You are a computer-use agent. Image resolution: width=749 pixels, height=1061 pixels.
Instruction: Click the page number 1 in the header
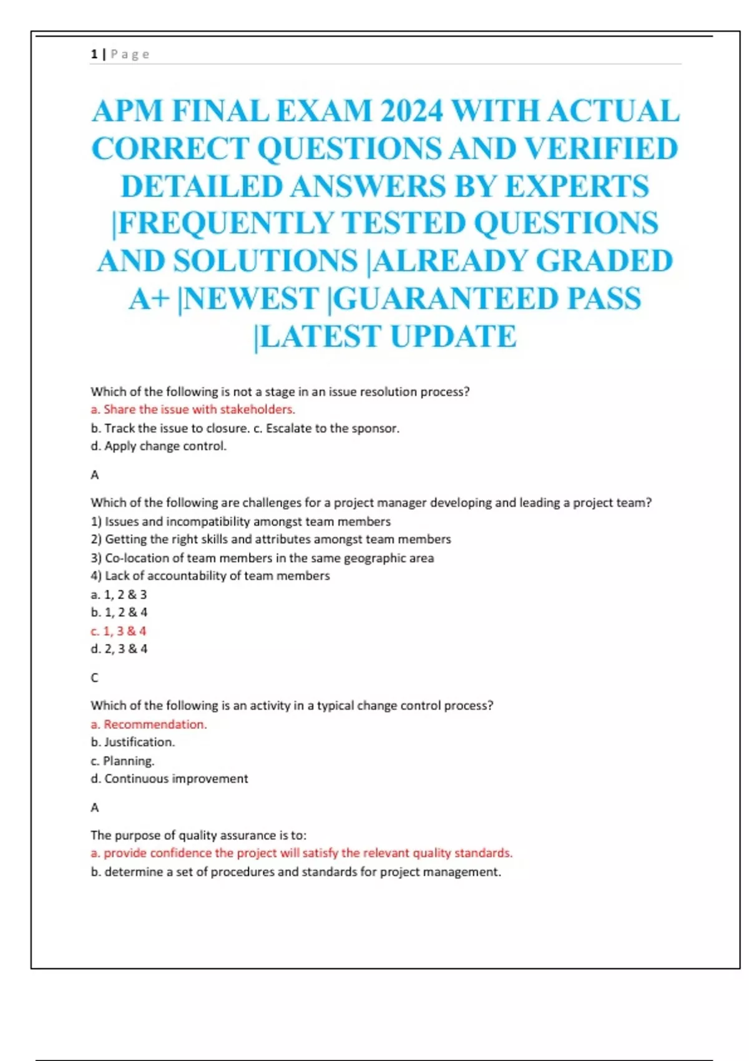94,54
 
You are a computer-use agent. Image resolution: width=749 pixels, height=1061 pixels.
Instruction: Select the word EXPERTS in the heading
577,187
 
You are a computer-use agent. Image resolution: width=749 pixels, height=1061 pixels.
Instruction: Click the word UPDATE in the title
453,336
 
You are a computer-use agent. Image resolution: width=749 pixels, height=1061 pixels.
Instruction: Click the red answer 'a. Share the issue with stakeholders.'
193,409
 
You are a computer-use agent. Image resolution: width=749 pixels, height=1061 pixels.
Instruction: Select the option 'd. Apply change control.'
159,446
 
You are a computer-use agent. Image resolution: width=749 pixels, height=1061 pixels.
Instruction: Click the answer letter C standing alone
95,678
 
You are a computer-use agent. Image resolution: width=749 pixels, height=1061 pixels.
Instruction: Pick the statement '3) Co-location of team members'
262,558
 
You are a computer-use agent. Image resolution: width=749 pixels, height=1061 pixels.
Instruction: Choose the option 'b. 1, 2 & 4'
119,612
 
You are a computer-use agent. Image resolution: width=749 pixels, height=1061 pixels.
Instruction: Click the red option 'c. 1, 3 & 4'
119,631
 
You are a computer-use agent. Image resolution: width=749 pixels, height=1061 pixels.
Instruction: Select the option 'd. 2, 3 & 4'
119,649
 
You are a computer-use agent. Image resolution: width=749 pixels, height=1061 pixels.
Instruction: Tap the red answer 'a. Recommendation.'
149,725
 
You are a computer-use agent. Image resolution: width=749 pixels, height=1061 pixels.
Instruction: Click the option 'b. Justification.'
133,742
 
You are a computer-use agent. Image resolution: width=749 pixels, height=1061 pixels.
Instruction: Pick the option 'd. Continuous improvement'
169,779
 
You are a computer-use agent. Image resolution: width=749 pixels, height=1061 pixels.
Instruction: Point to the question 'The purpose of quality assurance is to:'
198,835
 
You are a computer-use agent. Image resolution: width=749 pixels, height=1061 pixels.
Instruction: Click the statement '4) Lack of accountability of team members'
210,576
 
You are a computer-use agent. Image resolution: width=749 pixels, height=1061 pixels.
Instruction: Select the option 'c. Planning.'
122,761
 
